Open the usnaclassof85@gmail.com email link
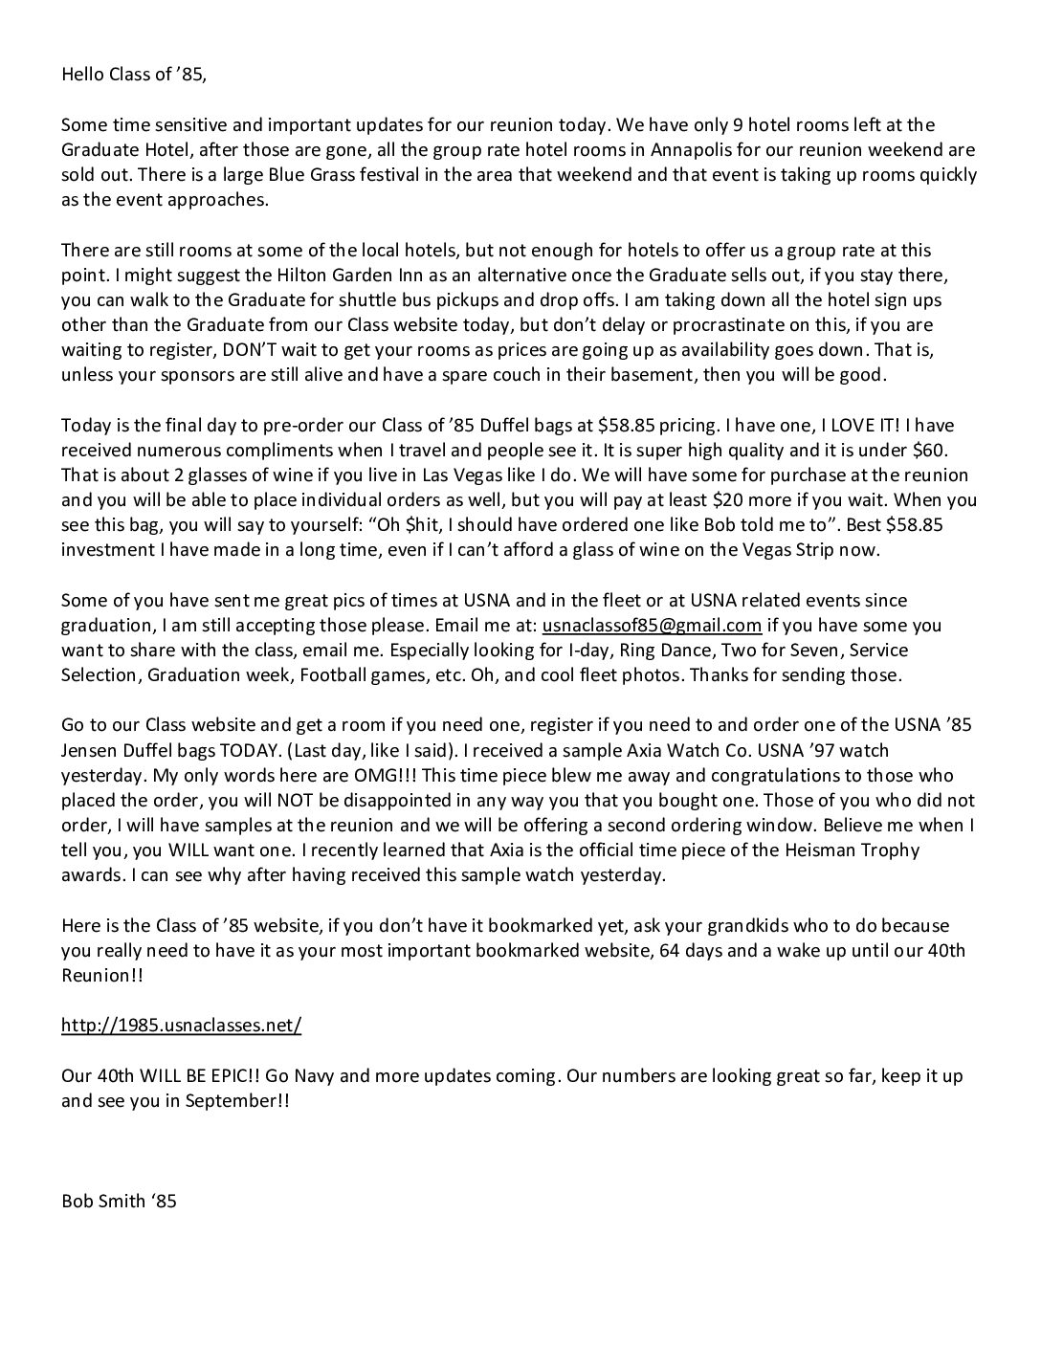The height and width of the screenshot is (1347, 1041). [x=652, y=626]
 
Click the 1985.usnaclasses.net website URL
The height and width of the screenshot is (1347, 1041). [x=181, y=1026]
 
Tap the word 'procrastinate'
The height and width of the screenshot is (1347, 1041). [x=631, y=324]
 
